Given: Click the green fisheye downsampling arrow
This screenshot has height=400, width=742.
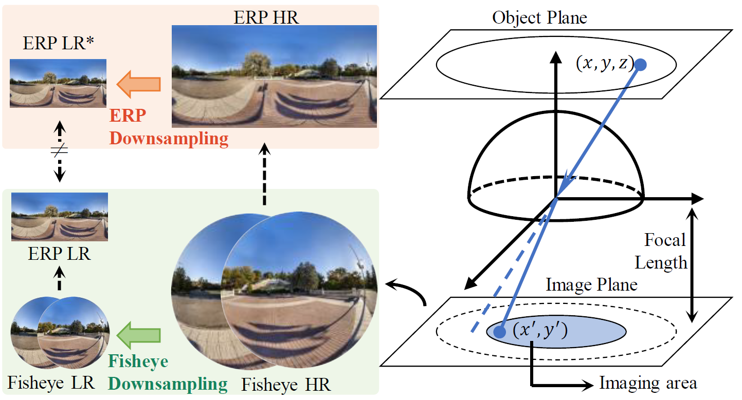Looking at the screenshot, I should click(x=139, y=336).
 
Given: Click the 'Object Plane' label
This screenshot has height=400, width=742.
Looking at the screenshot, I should click(x=539, y=18).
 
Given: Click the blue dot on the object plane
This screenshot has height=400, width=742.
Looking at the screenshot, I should click(x=641, y=65).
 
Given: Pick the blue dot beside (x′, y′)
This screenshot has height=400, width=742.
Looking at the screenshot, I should click(x=499, y=333).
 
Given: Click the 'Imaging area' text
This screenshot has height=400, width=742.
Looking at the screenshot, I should click(x=648, y=383).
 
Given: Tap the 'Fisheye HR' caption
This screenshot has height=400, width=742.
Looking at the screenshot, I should click(x=286, y=384).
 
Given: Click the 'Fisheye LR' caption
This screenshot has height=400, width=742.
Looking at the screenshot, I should click(x=51, y=383).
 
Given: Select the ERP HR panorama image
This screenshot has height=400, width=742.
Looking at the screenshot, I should click(x=274, y=75).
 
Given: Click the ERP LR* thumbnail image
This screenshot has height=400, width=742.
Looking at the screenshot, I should click(x=58, y=83).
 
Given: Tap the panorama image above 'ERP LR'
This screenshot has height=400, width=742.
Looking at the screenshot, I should click(x=59, y=217).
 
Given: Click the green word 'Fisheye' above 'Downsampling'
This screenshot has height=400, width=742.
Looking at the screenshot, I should click(x=138, y=361).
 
